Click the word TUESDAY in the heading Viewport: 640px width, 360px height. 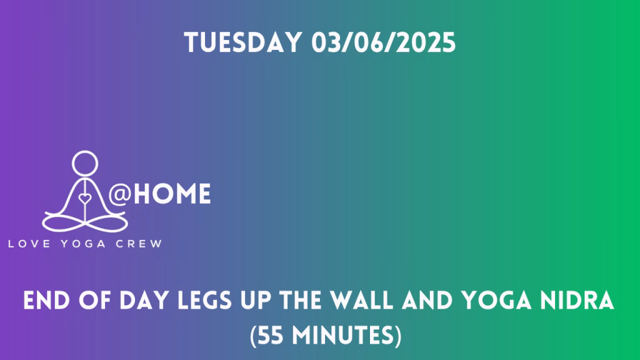[243, 42]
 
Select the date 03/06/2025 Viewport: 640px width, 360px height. [383, 42]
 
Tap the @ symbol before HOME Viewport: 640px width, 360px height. [119, 194]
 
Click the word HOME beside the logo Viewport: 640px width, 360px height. [172, 194]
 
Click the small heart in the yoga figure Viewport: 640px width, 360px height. [85, 199]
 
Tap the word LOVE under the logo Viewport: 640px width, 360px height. [29, 244]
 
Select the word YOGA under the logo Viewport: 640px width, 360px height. [83, 244]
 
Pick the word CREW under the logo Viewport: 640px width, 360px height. [139, 244]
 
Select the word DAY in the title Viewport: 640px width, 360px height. [144, 301]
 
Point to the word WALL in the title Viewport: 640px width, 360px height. [361, 301]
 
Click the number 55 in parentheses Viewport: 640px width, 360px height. [271, 336]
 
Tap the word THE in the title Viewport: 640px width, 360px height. [300, 301]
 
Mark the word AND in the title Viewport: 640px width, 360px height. [427, 301]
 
